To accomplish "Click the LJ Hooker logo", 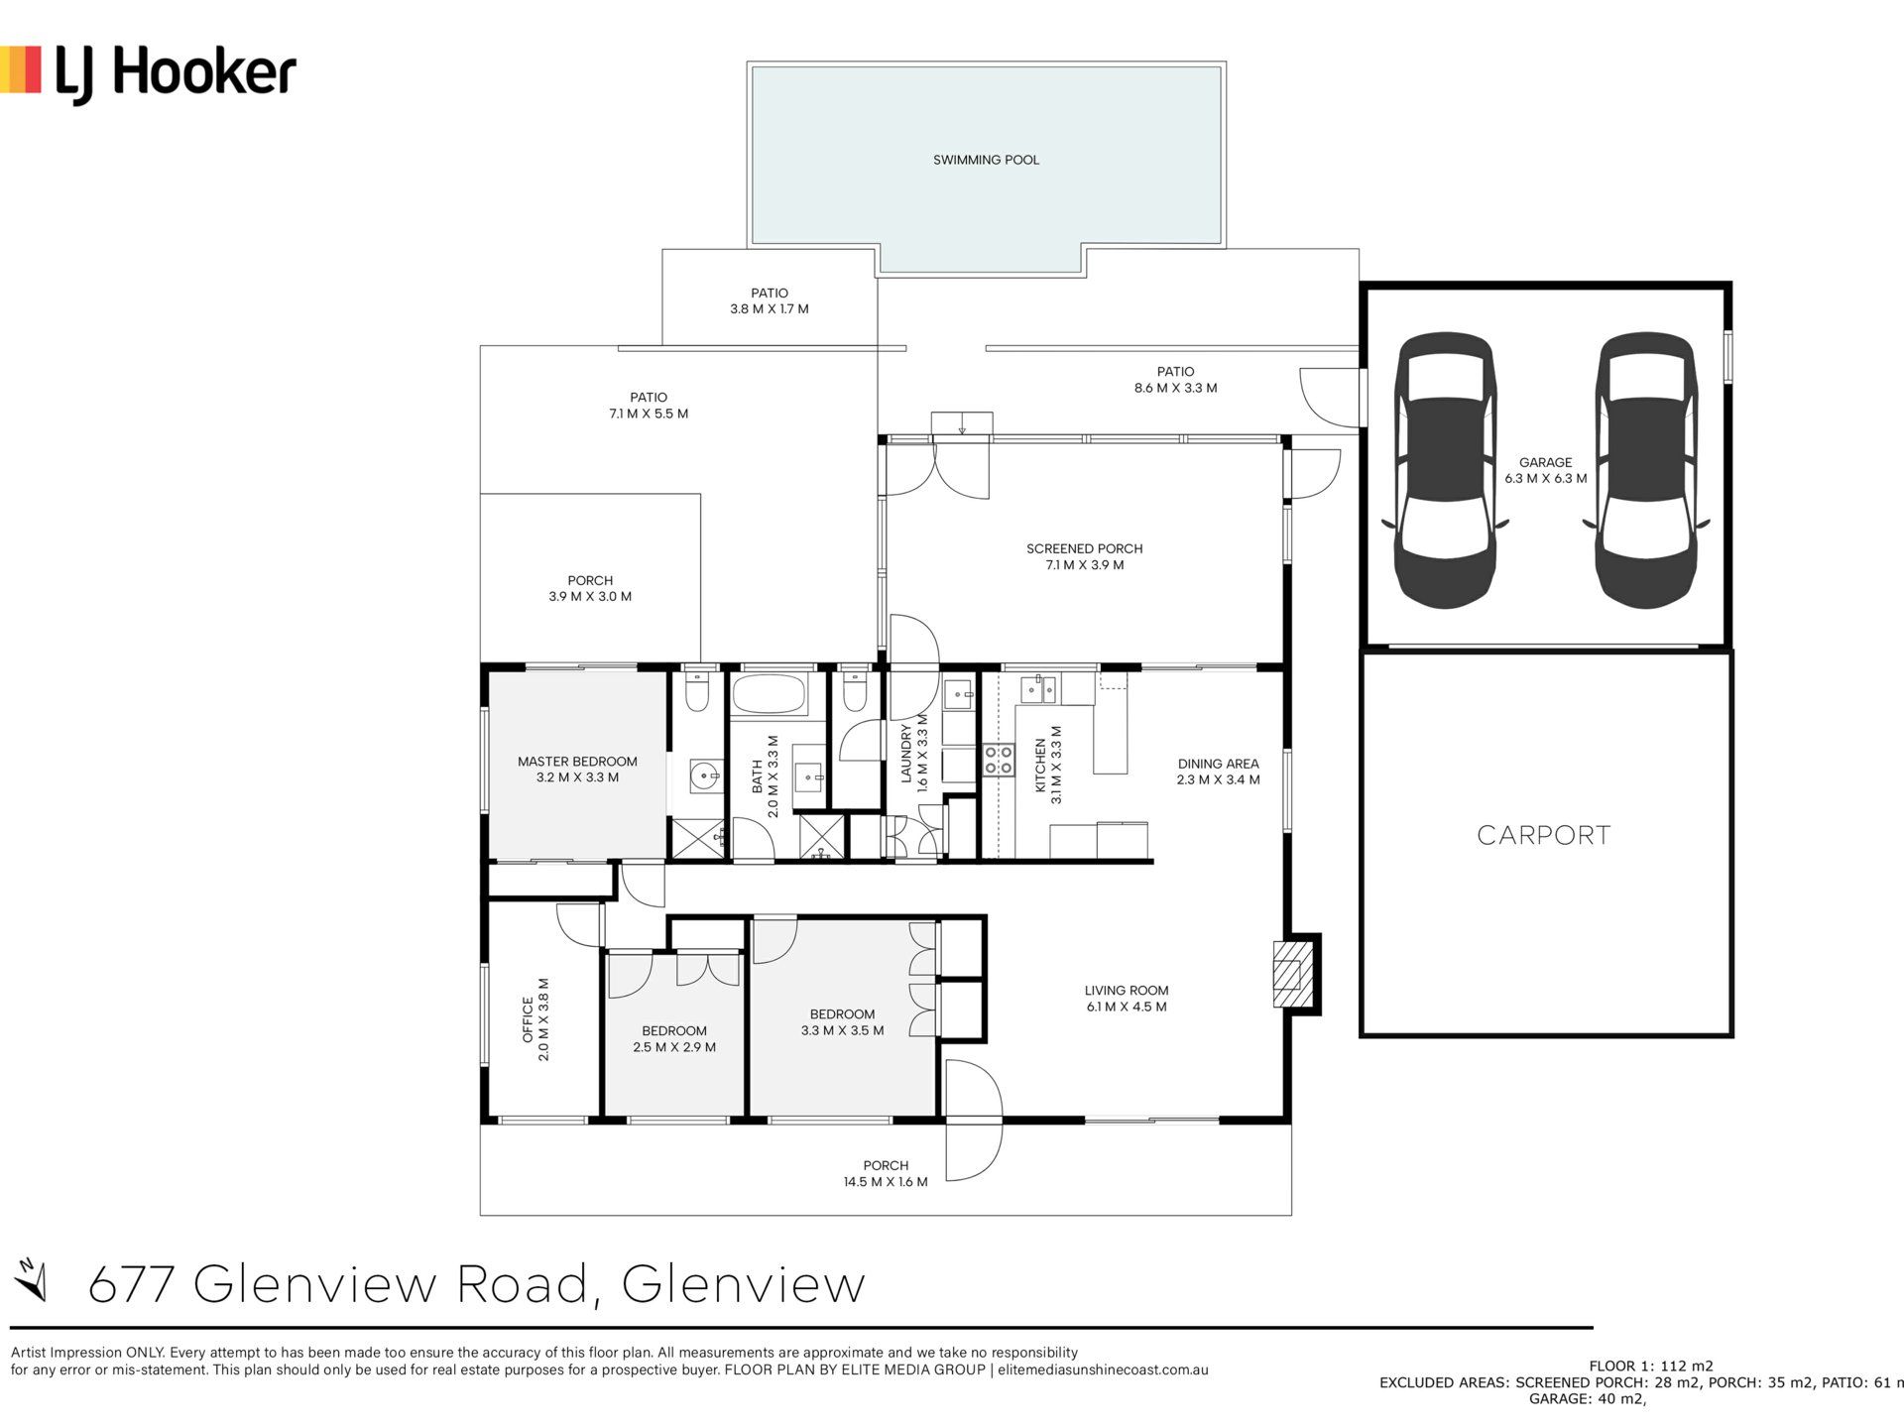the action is coord(149,72).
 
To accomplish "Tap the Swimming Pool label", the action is coord(986,160).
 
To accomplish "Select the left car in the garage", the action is coord(1446,470).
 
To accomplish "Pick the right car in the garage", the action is coord(1646,470).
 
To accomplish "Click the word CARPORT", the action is coord(1544,835).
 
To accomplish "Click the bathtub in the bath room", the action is coord(770,694).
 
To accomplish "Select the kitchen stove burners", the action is coord(998,760).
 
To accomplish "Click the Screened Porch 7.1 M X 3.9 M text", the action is coord(1085,556).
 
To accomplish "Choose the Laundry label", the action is coord(905,754).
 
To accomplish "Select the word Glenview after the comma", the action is coord(744,1283).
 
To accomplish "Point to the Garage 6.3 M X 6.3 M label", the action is coord(1545,470).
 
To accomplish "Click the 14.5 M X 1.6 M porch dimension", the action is coord(886,1182).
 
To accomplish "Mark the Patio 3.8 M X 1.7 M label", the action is coord(770,300).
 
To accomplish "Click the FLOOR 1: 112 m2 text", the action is coord(1651,1366).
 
